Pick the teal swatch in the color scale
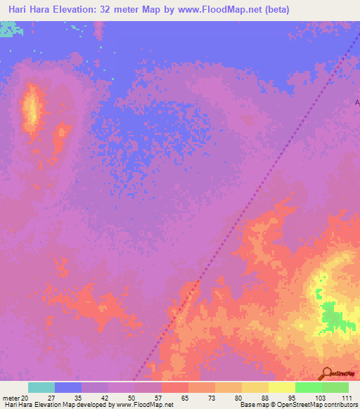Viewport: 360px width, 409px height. (41, 387)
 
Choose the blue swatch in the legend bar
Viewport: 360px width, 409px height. (68, 387)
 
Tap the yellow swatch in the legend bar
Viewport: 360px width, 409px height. (281, 387)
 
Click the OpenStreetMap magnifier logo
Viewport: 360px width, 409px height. (326, 374)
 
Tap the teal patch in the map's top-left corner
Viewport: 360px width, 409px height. (8, 29)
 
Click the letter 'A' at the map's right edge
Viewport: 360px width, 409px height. (356, 103)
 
